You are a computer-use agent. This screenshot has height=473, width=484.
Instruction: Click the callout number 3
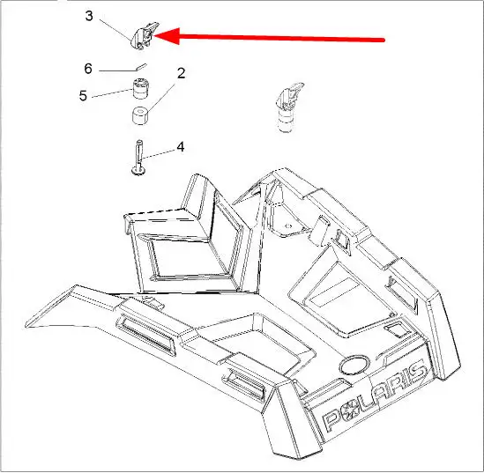[x=89, y=16]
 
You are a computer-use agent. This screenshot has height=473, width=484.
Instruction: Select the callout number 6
[x=88, y=69]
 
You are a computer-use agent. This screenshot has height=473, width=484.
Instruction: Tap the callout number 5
[x=83, y=96]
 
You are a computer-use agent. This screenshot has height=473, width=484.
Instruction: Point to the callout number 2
[x=182, y=73]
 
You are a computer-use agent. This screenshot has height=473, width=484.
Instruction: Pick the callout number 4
[x=181, y=147]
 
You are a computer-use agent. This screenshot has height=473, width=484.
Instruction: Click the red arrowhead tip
[x=153, y=36]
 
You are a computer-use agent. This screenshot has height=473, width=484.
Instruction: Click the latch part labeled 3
[x=145, y=35]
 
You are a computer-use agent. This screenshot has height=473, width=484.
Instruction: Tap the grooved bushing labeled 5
[x=140, y=89]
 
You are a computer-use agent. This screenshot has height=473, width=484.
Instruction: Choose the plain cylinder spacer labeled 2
[x=140, y=116]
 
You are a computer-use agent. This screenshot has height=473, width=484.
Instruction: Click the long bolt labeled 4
[x=139, y=158]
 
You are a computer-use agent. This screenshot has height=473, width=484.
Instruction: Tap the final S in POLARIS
[x=417, y=373]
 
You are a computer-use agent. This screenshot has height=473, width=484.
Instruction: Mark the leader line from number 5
[x=112, y=93]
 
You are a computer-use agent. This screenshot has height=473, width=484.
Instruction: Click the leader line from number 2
[x=161, y=98]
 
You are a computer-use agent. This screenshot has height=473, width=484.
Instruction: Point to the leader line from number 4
[x=158, y=155]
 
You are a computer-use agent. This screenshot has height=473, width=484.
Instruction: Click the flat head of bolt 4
[x=139, y=171]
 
